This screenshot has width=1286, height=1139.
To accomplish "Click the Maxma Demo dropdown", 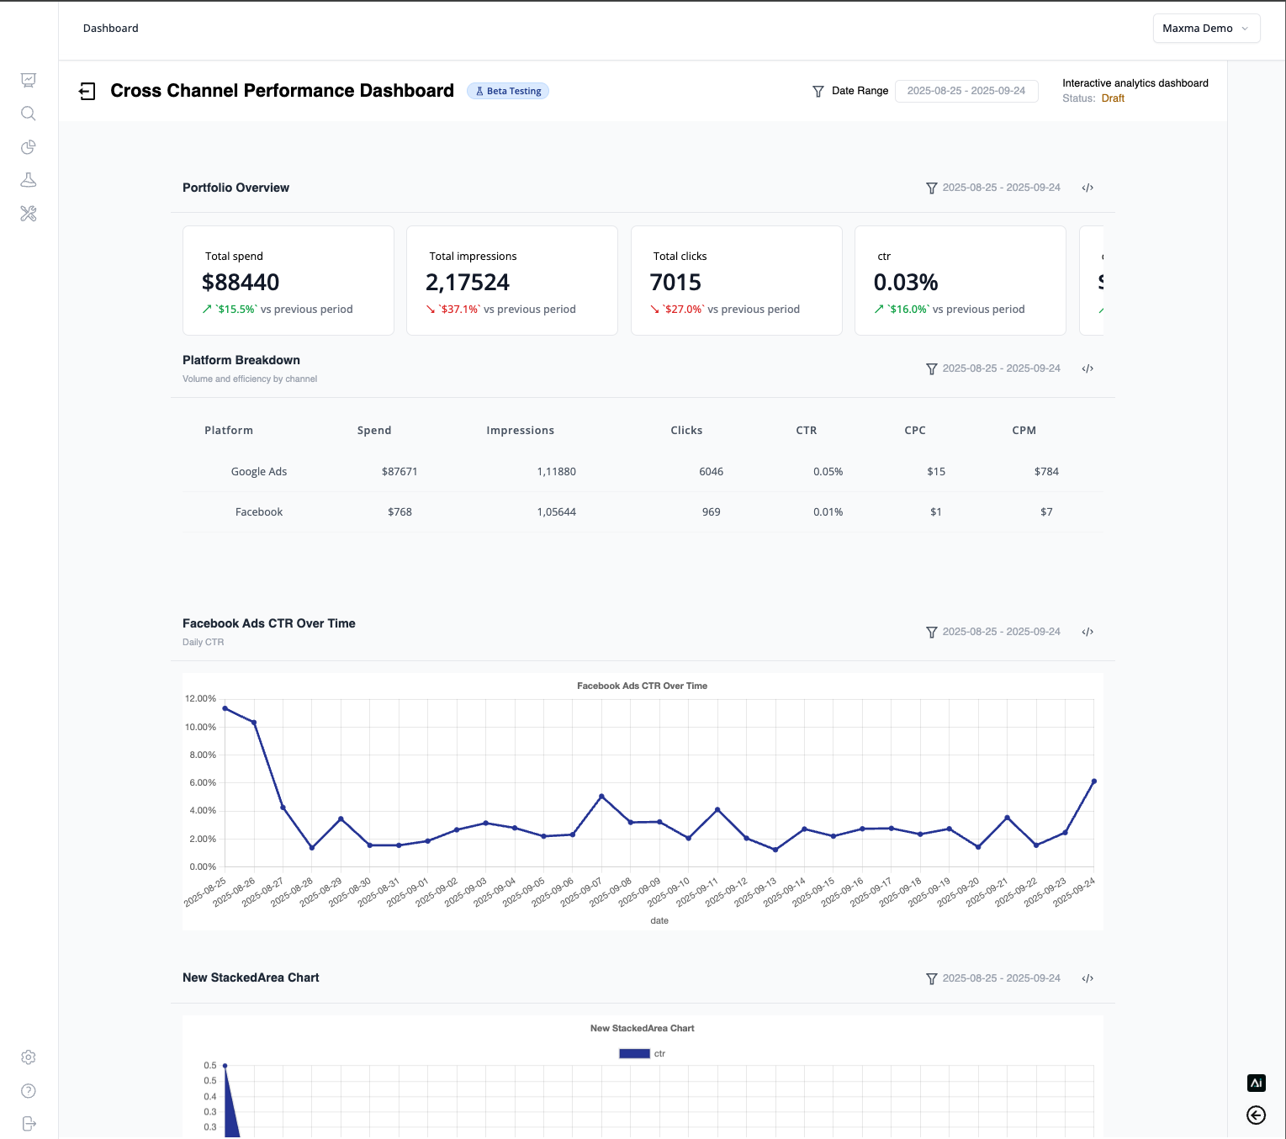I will [1205, 29].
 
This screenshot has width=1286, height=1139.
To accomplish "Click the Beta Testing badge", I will [508, 91].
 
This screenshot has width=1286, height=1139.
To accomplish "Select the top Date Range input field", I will [966, 91].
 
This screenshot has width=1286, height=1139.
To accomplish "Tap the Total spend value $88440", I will [241, 283].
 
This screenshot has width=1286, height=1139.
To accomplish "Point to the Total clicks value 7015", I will [675, 283].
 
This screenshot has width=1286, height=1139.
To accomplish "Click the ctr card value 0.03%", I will [906, 283].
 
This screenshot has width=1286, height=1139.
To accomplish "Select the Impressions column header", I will [520, 431].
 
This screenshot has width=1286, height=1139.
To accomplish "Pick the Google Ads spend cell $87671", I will [400, 472].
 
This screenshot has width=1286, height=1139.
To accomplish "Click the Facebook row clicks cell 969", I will [711, 512].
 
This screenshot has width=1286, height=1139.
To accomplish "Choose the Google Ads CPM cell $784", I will [1046, 472].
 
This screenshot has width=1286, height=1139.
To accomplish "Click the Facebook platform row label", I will [259, 512].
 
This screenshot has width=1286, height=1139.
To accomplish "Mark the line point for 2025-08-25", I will [225, 708].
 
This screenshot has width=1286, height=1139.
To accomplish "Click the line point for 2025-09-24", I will [1094, 781].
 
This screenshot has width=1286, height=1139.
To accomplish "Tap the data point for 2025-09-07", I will [601, 796].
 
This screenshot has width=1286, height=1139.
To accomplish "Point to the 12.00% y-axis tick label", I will [200, 699].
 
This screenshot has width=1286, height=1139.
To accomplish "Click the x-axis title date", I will [659, 921].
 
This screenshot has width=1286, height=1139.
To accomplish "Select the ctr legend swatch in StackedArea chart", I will [634, 1054].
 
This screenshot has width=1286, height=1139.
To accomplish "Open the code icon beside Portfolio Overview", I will [1088, 188].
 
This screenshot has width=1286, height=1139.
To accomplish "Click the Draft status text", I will [1113, 98].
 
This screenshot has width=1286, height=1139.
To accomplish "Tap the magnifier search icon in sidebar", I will [29, 114].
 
